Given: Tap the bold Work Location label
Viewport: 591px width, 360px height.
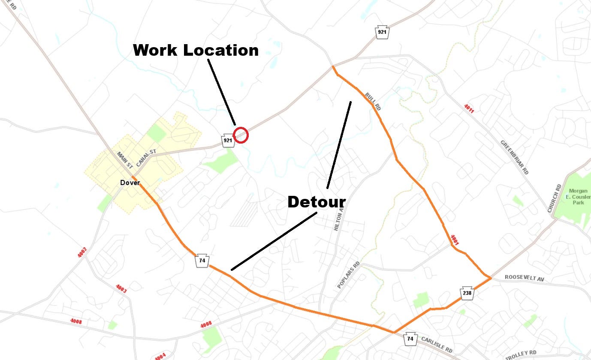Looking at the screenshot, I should [196, 50].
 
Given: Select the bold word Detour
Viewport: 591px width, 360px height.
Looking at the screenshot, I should [316, 202].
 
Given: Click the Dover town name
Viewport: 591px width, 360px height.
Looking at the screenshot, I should [130, 183].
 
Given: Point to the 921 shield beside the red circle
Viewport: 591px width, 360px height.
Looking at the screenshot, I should [228, 141].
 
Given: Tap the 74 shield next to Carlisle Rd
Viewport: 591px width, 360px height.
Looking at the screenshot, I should [410, 339].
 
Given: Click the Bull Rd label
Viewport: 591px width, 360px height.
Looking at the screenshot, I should [373, 102].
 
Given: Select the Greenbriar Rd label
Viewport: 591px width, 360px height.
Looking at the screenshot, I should [514, 157].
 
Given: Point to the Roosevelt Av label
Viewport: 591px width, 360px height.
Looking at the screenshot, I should [524, 279].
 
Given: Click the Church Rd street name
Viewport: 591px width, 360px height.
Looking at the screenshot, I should [555, 198].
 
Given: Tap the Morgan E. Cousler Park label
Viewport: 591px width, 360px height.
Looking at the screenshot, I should [579, 197].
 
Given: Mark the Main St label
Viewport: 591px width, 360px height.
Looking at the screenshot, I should [125, 159].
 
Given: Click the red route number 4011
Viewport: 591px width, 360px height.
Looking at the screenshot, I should [469, 108].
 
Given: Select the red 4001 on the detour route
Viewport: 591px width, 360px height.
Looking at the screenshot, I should [455, 240].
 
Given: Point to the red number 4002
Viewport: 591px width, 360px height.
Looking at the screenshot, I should [82, 252].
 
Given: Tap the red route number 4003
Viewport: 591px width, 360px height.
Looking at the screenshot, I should [121, 289].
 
